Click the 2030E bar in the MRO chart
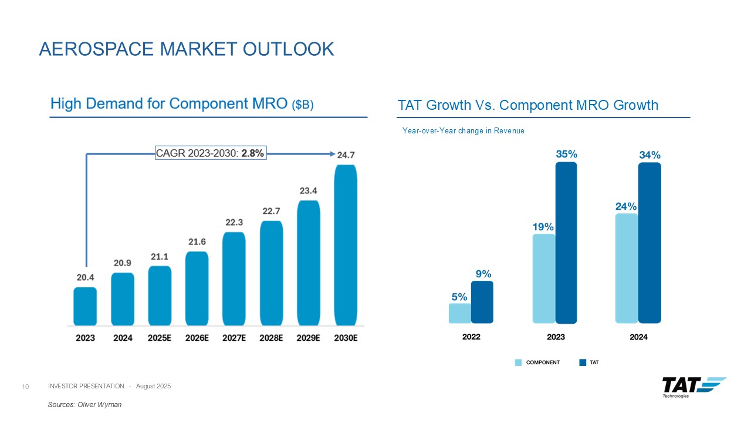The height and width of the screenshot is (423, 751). (x=346, y=244)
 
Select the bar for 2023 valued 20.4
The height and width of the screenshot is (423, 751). (x=85, y=306)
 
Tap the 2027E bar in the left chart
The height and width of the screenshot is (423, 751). (x=234, y=278)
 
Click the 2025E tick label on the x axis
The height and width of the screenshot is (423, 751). (x=160, y=338)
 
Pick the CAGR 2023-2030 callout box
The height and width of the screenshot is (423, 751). (x=211, y=153)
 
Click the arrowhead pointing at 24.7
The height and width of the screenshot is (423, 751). (x=330, y=154)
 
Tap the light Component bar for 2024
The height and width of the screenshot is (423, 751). (x=627, y=268)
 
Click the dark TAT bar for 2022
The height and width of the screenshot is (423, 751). (x=482, y=302)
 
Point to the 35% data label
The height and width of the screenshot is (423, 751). (x=567, y=154)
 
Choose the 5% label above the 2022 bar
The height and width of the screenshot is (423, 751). (x=459, y=297)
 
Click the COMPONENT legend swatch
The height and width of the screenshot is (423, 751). (x=518, y=362)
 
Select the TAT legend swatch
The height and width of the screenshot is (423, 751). (x=583, y=362)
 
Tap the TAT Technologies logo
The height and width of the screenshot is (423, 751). (x=694, y=387)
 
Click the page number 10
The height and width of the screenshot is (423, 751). (x=25, y=386)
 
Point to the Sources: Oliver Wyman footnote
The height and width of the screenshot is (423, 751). (x=84, y=405)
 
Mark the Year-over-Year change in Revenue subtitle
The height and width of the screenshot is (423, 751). (x=463, y=131)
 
